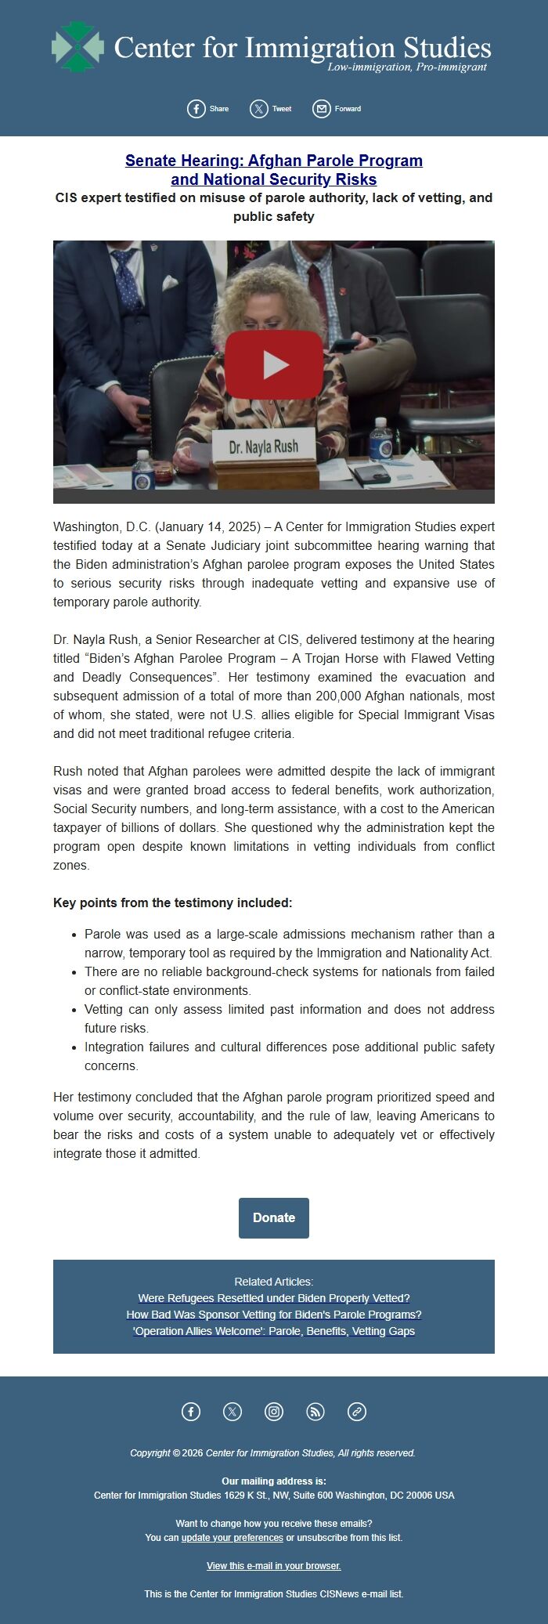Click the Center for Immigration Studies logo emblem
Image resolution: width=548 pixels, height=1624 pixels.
coord(78,47)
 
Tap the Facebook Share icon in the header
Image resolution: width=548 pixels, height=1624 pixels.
coord(196,109)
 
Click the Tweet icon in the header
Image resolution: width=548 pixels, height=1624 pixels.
coord(259,109)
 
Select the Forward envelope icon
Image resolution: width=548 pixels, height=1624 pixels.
coord(322,109)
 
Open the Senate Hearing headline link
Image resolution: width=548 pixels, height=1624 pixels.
coord(274,170)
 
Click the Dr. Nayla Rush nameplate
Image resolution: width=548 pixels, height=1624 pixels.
coord(263,447)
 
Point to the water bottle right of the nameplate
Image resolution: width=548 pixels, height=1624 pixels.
coord(380,439)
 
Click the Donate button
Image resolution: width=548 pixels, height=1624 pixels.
coord(274,1217)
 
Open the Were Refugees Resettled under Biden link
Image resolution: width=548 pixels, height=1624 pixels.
coord(274,1298)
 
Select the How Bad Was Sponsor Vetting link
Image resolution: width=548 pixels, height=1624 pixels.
coord(274,1315)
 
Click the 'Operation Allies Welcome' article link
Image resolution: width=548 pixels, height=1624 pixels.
coord(274,1331)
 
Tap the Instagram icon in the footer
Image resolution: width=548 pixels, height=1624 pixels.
coord(274,1412)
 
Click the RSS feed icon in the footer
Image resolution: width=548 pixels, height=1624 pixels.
coord(315,1412)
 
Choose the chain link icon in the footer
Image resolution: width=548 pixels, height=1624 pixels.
coord(357,1412)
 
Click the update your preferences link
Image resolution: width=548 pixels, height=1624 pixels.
coord(232,1538)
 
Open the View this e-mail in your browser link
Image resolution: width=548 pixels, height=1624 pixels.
coord(274,1566)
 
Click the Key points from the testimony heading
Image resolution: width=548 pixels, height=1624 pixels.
coord(172,902)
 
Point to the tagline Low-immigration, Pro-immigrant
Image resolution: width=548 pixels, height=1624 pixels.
coord(407,67)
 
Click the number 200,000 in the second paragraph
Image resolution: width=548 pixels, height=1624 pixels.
coord(342,696)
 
